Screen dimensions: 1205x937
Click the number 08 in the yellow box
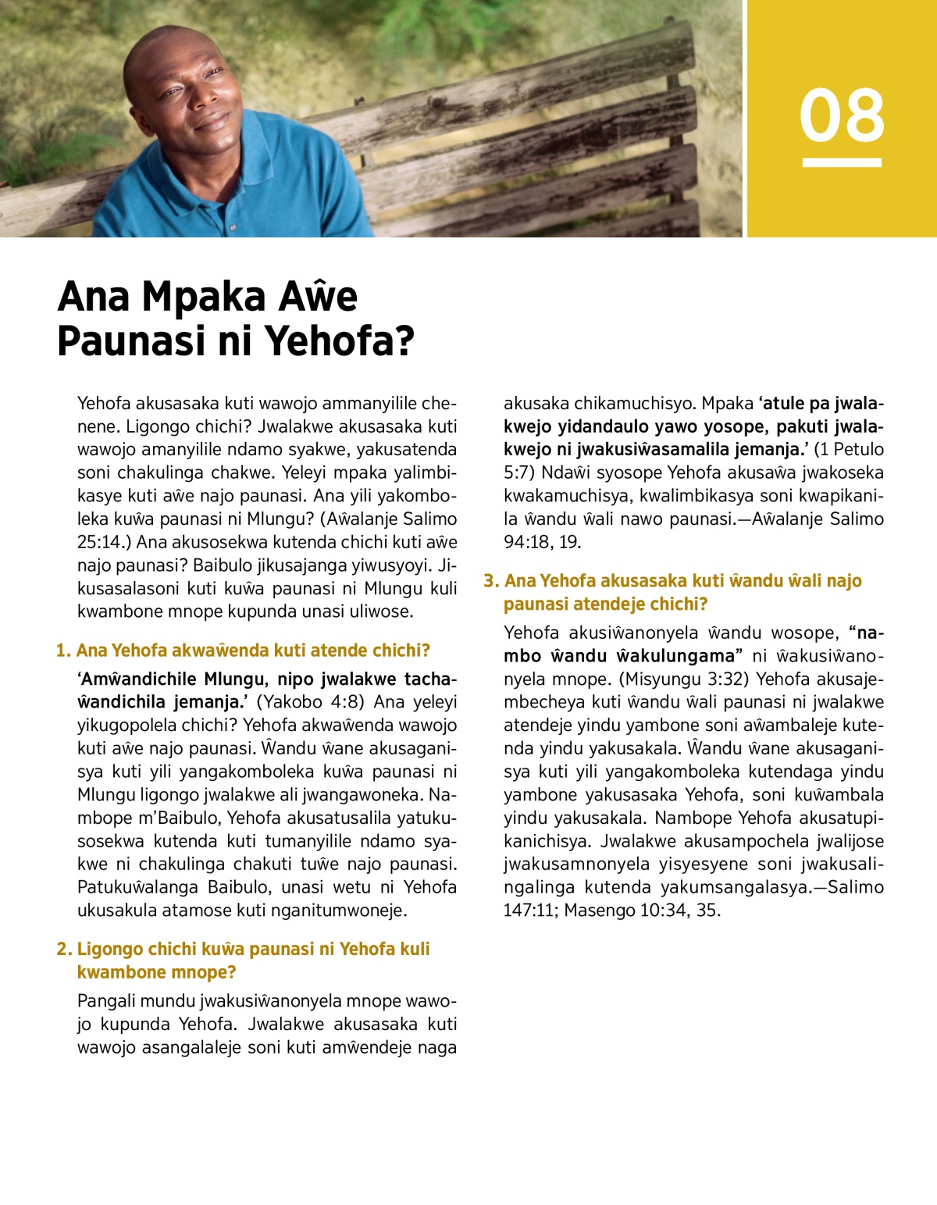(842, 116)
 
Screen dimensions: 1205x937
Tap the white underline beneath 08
(842, 162)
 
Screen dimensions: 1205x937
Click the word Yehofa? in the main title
(339, 340)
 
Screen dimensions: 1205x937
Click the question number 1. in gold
(63, 651)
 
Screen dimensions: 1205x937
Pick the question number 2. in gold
(63, 949)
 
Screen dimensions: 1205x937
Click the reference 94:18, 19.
(542, 541)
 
